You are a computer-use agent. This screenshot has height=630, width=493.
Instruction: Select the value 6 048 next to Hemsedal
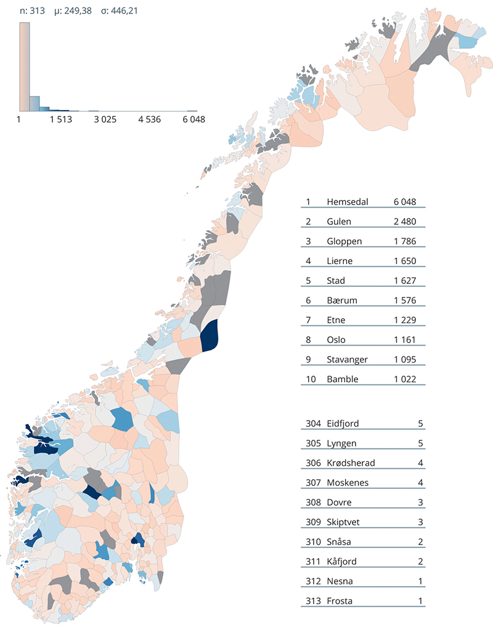(405, 202)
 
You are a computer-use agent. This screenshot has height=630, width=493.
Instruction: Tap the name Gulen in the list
(339, 222)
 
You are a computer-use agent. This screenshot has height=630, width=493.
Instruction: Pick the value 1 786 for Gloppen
(405, 241)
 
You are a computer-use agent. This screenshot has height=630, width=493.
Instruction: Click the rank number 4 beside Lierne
(308, 261)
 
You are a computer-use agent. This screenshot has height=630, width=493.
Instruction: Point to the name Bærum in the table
(342, 301)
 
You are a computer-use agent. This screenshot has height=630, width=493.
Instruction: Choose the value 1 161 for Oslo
(405, 340)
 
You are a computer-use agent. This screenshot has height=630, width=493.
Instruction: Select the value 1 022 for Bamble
(405, 379)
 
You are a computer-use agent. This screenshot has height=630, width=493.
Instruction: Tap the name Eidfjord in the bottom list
(343, 424)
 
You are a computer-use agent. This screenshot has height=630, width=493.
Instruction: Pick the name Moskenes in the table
(348, 483)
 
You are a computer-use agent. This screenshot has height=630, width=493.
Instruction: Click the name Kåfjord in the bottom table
(342, 562)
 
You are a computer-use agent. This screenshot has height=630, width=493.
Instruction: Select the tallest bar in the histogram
(24, 67)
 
